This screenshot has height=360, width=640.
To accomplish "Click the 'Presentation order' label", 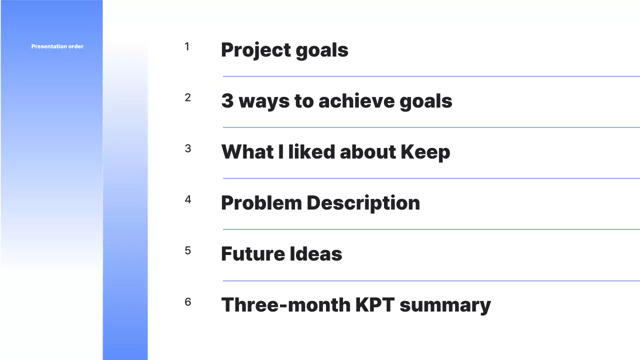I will [x=57, y=46].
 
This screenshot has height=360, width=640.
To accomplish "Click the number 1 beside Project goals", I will [x=187, y=46].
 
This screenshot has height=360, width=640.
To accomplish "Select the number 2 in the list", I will [x=187, y=97].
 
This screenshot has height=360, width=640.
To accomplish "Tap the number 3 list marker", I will [x=187, y=148].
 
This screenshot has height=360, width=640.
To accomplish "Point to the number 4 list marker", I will [x=187, y=199].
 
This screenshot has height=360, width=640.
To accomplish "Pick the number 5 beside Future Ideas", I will [x=187, y=250].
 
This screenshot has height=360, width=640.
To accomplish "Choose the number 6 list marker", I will [x=187, y=302].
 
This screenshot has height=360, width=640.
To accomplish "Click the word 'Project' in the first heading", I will [x=255, y=50].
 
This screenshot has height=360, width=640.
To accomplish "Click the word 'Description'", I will [x=363, y=203].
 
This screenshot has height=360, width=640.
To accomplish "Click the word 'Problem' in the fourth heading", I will [x=261, y=203].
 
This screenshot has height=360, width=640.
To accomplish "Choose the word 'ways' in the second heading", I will [x=263, y=101].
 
